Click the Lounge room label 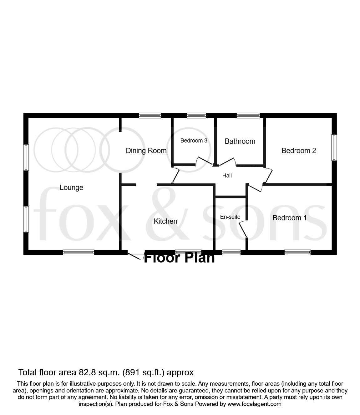click(71, 187)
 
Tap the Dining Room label click(146, 151)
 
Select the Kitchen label click(165, 221)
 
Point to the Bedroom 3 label click(194, 141)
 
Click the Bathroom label click(240, 141)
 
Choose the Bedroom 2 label click(299, 151)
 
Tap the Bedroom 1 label click(290, 218)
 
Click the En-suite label click(230, 217)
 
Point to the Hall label click(227, 176)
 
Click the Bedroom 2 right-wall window click(334, 147)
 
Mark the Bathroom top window click(248, 116)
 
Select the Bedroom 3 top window click(196, 116)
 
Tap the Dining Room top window click(150, 116)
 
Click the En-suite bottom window click(231, 252)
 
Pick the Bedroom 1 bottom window click(297, 252)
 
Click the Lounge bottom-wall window click(78, 252)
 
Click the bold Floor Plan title click(179, 258)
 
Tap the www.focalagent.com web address click(254, 404)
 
